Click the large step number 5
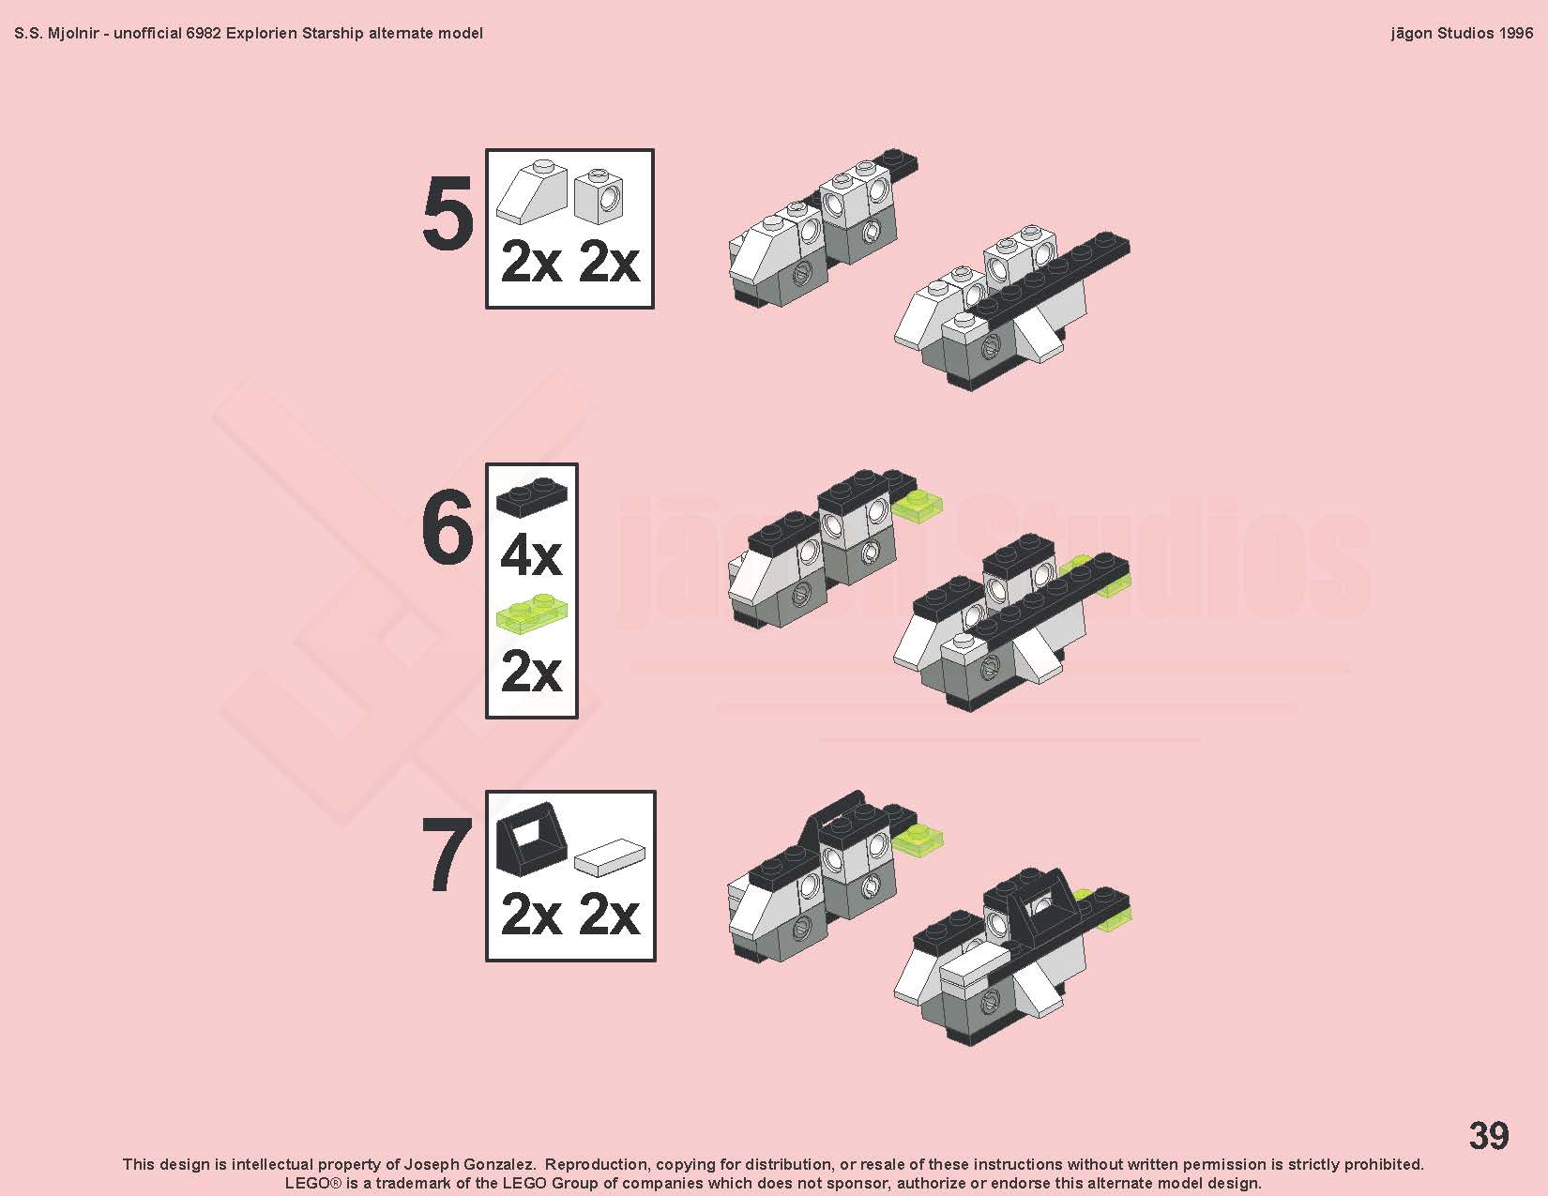tap(448, 213)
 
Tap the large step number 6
tap(448, 528)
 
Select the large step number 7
tap(448, 854)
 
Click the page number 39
tap(1489, 1135)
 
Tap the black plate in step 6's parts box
tap(532, 495)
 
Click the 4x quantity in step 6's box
tap(531, 557)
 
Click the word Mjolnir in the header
tap(72, 34)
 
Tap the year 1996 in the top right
tap(1515, 33)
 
